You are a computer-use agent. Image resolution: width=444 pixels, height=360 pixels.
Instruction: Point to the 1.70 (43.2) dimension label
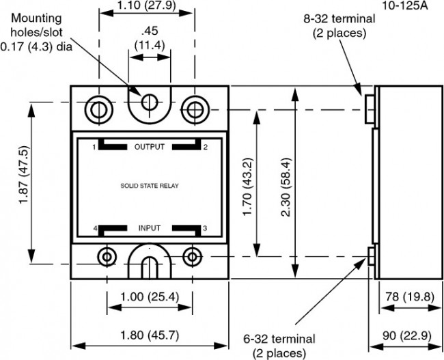tap(247, 183)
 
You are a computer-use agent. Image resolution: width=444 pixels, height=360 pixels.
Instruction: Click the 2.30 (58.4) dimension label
tap(286, 183)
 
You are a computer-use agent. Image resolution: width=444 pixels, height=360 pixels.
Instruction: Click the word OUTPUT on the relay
tap(150, 147)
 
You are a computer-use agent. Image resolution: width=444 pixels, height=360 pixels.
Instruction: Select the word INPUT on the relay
tap(150, 228)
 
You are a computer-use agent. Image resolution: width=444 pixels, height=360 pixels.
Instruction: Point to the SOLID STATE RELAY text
tap(150, 185)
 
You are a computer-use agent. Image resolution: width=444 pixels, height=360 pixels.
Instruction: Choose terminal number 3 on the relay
tap(205, 228)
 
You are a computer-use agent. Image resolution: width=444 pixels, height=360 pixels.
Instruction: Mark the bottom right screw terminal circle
tap(194, 256)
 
